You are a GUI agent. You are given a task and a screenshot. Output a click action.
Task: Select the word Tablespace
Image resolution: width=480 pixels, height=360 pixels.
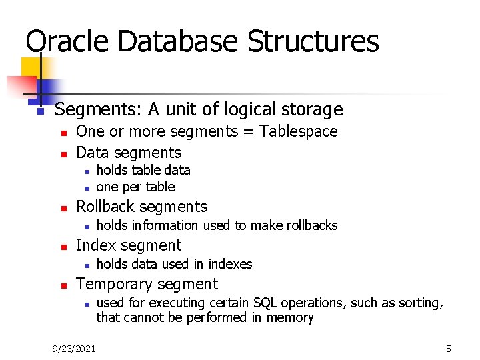[299, 131]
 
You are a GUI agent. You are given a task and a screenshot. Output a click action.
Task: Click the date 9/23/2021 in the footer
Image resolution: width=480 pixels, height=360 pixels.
[74, 348]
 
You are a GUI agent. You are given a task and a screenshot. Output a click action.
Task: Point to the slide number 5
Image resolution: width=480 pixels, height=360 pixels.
[449, 348]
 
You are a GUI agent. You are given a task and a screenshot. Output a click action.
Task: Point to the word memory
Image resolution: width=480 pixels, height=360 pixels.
[290, 317]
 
